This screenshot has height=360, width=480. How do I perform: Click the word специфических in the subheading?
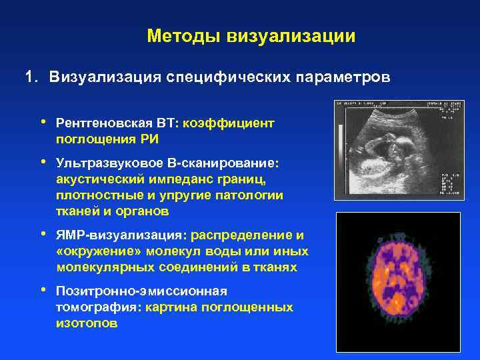pos(224,77)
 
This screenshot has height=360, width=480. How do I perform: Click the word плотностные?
pos(93,195)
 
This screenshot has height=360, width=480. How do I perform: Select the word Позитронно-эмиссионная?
pos(141,291)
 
